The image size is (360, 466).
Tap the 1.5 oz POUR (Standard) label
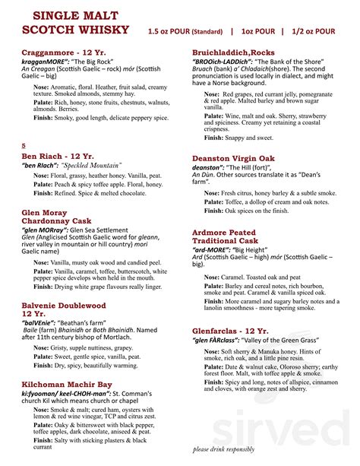185,31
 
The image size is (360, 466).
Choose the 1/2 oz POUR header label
313,31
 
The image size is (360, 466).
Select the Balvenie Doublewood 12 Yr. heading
64,309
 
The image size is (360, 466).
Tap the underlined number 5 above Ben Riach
24,145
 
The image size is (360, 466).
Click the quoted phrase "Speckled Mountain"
93,165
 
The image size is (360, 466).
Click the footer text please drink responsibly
234,449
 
